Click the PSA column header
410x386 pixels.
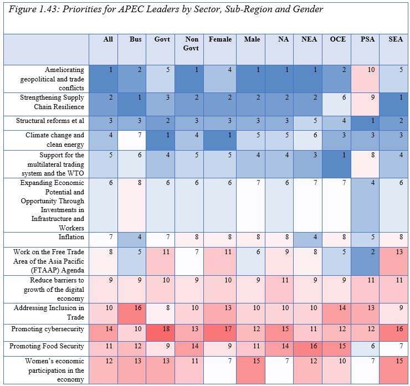367,39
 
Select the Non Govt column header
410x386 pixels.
191,44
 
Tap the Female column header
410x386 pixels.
220,39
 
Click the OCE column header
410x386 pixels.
338,39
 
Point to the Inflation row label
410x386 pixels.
71,237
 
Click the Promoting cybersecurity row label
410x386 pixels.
48,329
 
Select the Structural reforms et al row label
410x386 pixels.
50,121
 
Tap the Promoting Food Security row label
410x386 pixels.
47,346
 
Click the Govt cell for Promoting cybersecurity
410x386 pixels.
161,333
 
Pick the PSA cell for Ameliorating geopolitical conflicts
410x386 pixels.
365,79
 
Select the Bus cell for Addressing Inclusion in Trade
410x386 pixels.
132,313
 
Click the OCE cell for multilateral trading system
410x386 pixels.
336,164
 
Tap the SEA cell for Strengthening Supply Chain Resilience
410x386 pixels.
393,104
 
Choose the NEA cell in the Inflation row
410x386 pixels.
307,240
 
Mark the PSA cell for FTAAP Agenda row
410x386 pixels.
365,261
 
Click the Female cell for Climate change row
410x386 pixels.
220,140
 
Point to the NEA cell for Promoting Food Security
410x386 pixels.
307,349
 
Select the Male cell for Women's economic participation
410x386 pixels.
250,370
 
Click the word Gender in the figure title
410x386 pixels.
308,9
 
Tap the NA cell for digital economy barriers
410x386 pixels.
279,289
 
